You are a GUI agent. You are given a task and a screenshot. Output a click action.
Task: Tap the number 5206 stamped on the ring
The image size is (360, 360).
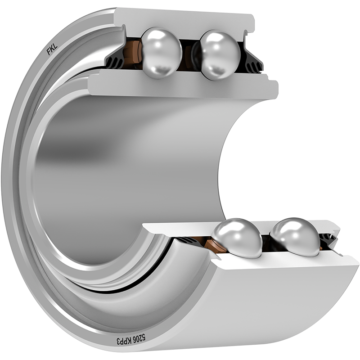139,338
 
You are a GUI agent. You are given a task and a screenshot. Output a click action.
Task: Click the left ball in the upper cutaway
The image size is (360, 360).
162,53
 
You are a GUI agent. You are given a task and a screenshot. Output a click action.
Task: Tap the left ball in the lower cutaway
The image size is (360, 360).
238,238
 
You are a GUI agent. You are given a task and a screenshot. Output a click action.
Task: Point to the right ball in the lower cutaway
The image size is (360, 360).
296,237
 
